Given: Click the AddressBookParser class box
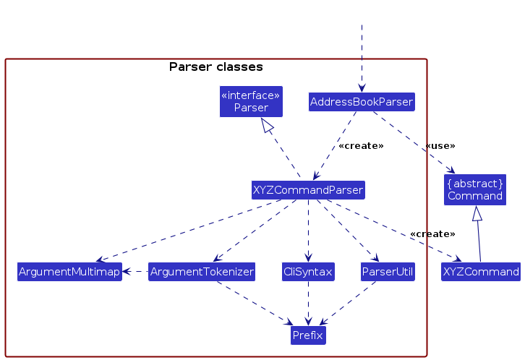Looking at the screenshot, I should coord(361,102).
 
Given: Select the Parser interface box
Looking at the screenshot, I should coord(251,101).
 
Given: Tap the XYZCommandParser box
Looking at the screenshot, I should coord(308,190).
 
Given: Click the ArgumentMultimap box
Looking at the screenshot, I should coord(69,272).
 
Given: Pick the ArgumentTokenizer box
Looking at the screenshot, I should coord(202,272).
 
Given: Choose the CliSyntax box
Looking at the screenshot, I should coord(308,272).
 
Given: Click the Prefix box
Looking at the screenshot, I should coord(308,335).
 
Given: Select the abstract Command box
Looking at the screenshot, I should coord(475,189).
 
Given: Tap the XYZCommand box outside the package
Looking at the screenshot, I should coord(481,272).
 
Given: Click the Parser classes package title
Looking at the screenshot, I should coord(215,67).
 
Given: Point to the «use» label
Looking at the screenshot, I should coord(439,146).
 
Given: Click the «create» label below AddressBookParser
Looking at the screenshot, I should coord(361,146).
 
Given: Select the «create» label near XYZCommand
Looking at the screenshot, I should coord(432,234).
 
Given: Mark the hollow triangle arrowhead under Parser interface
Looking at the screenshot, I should coord(268,126).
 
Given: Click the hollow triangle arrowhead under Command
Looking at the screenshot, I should coord(476,213).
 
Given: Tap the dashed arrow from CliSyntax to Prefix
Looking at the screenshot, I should coord(308,304).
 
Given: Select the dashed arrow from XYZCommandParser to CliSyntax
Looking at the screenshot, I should coord(308,231).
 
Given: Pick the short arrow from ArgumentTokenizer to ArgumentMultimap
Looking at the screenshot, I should coord(135,272).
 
